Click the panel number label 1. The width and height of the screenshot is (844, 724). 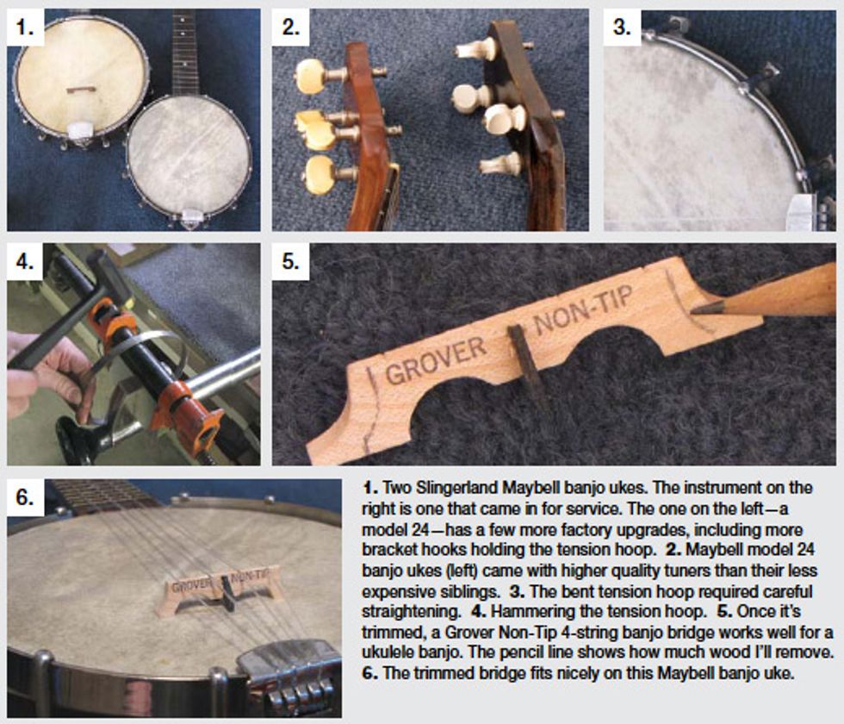(25, 27)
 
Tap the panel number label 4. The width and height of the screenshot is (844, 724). (25, 262)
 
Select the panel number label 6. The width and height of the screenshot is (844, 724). (25, 497)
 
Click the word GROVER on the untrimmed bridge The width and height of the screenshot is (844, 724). (436, 361)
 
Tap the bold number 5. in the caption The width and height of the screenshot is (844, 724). (724, 611)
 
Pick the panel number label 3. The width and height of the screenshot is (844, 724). (622, 27)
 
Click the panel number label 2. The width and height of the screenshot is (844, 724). (291, 27)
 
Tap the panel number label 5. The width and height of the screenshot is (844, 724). (291, 262)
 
